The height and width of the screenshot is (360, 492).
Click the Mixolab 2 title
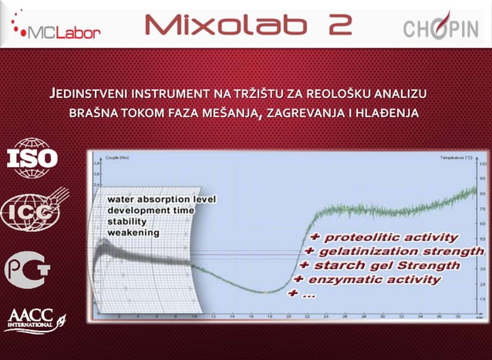[248, 25]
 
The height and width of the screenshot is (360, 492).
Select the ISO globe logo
[32, 157]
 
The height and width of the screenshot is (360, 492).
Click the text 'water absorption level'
[161, 199]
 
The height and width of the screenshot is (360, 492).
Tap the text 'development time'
[150, 210]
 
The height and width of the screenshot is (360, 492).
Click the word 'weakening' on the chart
[133, 231]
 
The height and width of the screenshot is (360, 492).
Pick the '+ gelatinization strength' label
[393, 251]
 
